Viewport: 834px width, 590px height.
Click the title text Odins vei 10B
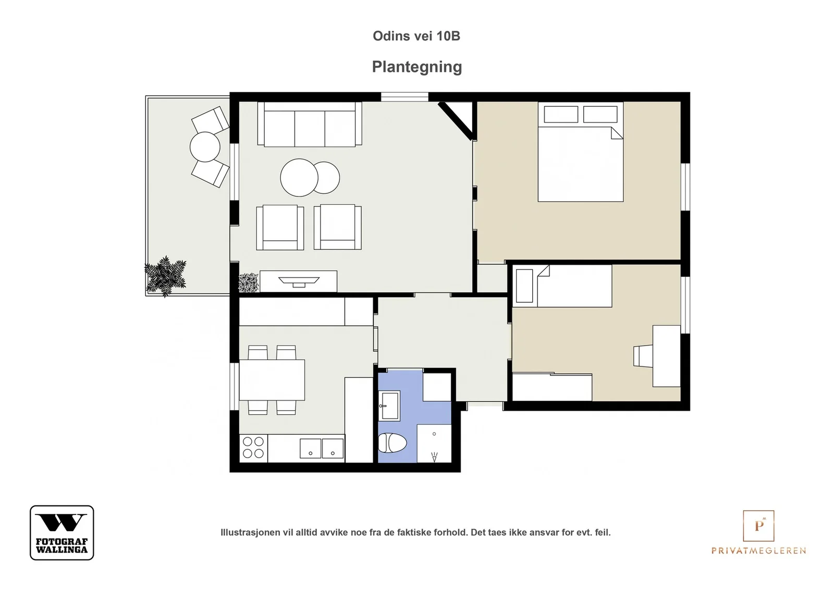pyautogui.click(x=416, y=36)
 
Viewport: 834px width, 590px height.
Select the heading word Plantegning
pyautogui.click(x=417, y=67)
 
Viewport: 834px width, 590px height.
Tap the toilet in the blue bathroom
pyautogui.click(x=393, y=443)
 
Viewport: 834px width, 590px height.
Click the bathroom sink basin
pyautogui.click(x=389, y=405)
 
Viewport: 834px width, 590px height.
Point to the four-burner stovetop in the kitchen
pyautogui.click(x=253, y=447)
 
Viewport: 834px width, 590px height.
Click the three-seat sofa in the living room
pyautogui.click(x=310, y=124)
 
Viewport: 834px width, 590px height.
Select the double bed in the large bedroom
pyautogui.click(x=581, y=152)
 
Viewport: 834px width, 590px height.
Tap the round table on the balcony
pyautogui.click(x=205, y=146)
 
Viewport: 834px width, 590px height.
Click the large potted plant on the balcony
pyautogui.click(x=165, y=276)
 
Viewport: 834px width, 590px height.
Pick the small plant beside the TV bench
pyautogui.click(x=248, y=283)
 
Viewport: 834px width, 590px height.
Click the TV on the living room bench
pyautogui.click(x=299, y=282)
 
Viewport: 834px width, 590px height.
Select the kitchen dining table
pyautogui.click(x=272, y=379)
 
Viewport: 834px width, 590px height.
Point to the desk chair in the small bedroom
pyautogui.click(x=643, y=356)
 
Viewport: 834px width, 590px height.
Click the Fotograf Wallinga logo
pyautogui.click(x=62, y=533)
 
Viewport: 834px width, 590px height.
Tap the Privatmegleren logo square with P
pyautogui.click(x=758, y=525)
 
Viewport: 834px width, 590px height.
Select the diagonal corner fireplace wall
pyautogui.click(x=456, y=121)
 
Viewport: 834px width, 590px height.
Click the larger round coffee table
pyautogui.click(x=299, y=178)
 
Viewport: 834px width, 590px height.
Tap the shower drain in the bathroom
pyautogui.click(x=434, y=434)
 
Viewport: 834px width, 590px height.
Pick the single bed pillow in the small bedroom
pyautogui.click(x=524, y=286)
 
